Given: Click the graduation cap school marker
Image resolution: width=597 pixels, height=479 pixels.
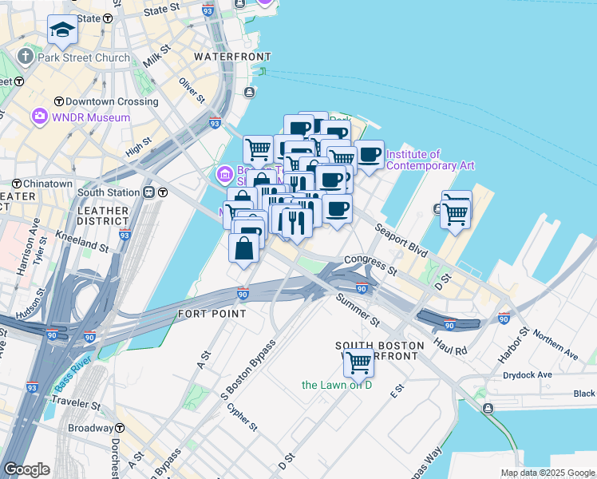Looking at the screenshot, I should pos(61,30).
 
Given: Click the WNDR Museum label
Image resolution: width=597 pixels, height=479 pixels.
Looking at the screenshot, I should pos(90,118).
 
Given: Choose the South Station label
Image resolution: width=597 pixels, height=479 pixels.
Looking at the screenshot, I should pos(109,192).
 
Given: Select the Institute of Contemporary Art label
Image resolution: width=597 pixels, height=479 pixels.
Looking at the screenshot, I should pos(430,160).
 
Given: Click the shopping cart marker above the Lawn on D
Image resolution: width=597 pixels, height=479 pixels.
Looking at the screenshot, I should pos(358,362).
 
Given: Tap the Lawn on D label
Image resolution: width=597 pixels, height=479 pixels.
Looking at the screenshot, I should pos(337,385).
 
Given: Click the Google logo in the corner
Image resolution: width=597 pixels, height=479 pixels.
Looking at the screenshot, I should pos(27,469).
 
